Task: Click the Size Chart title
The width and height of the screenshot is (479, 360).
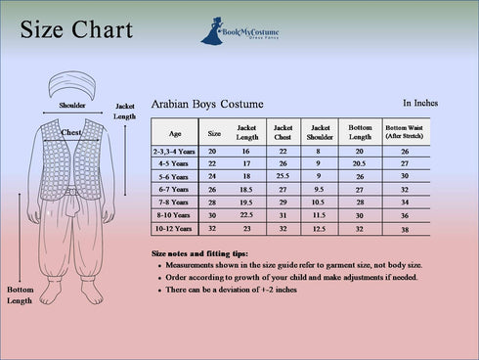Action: pos(76,30)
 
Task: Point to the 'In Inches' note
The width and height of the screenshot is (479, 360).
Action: pos(420,102)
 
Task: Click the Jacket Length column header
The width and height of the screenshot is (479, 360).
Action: pos(246,132)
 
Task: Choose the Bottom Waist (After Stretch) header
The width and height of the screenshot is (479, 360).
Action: pos(408,132)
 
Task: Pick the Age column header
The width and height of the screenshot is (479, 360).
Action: pos(175,133)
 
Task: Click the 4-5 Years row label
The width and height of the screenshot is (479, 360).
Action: pos(175,163)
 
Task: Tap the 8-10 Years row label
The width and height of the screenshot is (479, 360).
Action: pos(175,214)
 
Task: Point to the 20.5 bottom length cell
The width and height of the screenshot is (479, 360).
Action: pos(359,163)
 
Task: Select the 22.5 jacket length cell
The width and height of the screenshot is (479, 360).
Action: pos(246,214)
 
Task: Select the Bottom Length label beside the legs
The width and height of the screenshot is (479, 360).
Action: pos(20,295)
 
